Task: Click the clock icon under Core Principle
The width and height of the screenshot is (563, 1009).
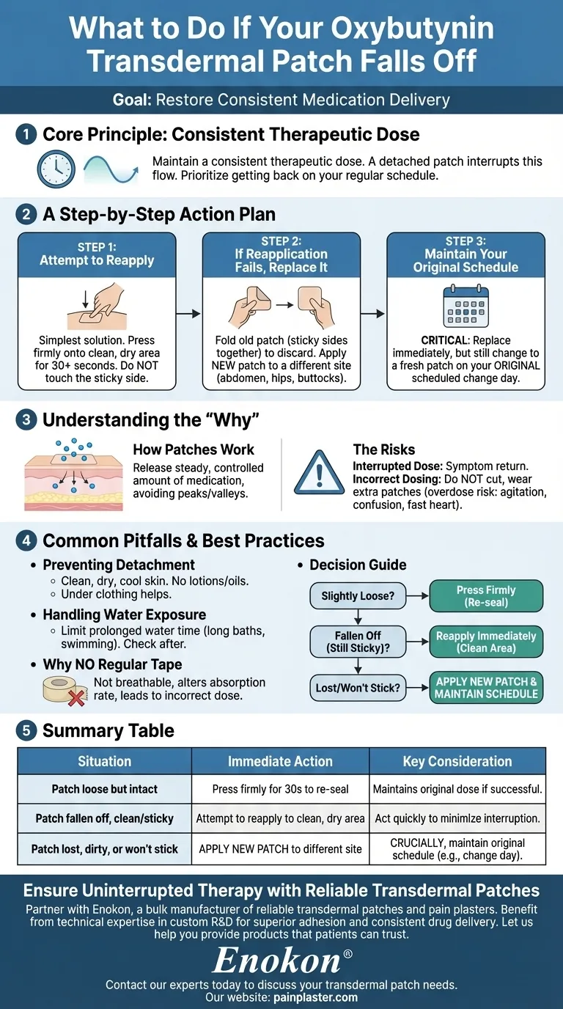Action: tap(56, 170)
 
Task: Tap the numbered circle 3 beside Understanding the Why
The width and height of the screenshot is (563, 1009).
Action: tap(26, 420)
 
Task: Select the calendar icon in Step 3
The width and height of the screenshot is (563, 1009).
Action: tap(466, 307)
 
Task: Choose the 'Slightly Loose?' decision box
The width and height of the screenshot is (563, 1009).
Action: tap(358, 596)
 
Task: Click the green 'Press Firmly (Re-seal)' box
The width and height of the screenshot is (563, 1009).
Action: tap(486, 596)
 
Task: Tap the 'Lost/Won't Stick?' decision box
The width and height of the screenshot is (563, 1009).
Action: tap(358, 688)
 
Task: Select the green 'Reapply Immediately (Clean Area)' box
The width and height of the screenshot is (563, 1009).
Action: tap(486, 642)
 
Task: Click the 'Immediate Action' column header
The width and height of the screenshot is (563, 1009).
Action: tap(280, 762)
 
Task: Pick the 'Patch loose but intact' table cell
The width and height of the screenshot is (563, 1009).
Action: tap(105, 790)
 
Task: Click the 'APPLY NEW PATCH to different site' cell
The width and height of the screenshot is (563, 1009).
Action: tap(280, 849)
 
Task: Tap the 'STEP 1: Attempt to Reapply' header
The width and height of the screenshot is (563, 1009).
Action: tap(97, 254)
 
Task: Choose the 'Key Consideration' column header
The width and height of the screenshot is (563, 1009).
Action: tap(457, 762)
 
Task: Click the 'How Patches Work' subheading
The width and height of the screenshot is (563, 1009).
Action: tap(194, 450)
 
